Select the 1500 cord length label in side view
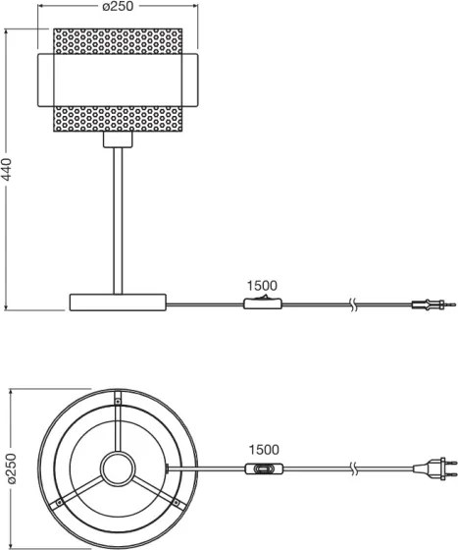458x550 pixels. pos(263,286)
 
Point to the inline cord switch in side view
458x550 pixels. pos(259,303)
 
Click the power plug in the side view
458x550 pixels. pos(429,305)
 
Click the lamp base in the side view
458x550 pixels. pos(118,303)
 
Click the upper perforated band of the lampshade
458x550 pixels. pos(118,42)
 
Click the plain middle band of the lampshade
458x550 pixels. pos(118,80)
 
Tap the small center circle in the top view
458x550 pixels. pos(118,469)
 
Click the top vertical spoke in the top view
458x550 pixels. pos(118,422)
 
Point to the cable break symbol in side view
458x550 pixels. pos(353,304)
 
